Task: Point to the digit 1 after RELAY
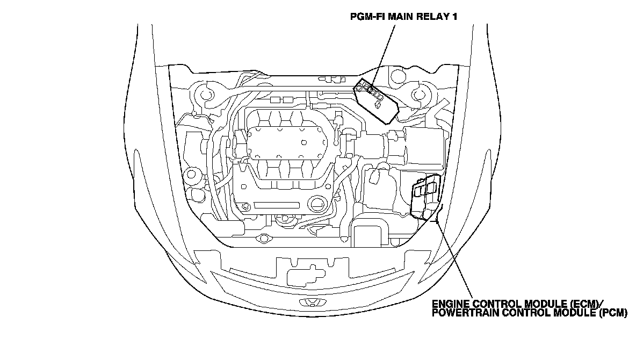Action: [x=454, y=17]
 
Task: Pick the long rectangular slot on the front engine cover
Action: [x=276, y=205]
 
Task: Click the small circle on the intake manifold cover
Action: [x=305, y=142]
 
